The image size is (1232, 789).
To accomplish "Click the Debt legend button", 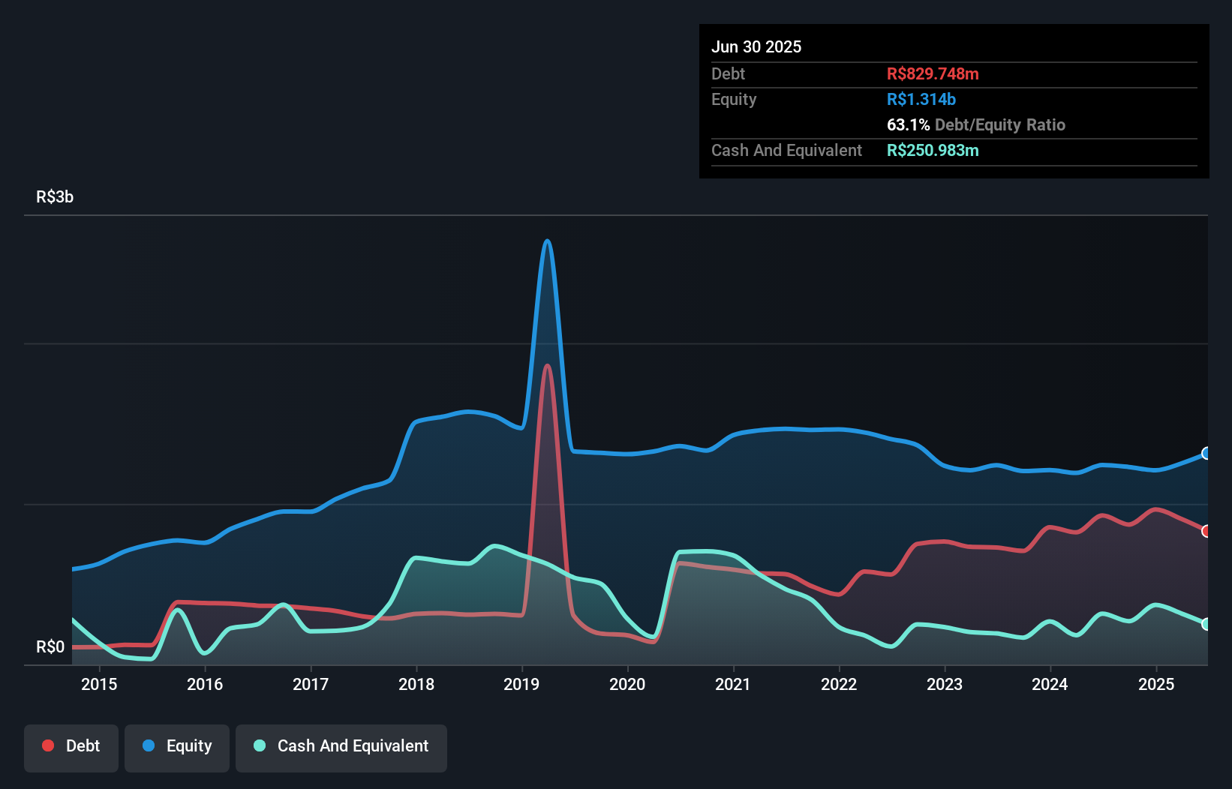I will click(71, 746).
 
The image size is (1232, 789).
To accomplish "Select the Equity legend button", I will click(177, 746).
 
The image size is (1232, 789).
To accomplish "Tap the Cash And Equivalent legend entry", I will click(341, 746).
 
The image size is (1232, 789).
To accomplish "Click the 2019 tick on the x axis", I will click(521, 684).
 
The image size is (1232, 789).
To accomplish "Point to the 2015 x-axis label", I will click(99, 684).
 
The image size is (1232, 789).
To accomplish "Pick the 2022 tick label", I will click(838, 684).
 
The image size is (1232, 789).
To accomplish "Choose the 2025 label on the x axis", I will click(1155, 684).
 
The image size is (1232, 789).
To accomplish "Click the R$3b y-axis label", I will click(55, 196).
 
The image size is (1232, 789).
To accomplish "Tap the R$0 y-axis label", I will click(50, 646).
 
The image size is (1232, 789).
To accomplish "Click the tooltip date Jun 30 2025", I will click(756, 46).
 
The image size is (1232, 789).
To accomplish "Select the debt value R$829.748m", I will click(933, 73).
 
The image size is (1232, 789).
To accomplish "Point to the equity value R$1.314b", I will click(921, 99).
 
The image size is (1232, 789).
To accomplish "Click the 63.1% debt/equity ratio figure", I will click(908, 124).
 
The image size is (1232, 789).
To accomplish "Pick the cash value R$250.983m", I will click(933, 150).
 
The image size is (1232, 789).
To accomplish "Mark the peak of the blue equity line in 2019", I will click(547, 241).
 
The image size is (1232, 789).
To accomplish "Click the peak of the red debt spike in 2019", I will click(547, 366).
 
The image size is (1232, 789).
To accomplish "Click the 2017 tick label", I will click(311, 684).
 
